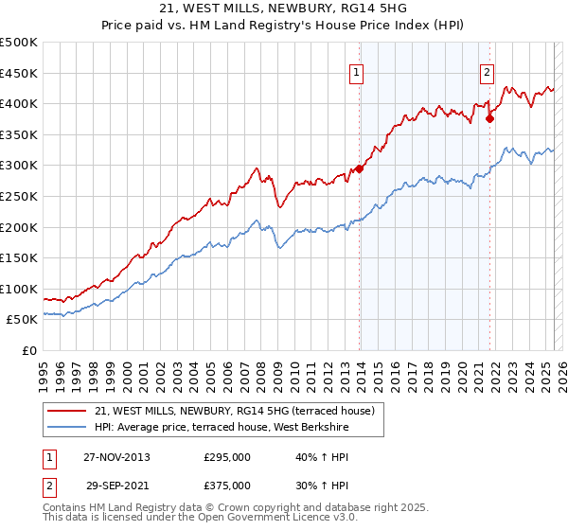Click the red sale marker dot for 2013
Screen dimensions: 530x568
coord(360,169)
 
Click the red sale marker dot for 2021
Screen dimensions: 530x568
coord(490,118)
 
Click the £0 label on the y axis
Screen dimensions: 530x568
coord(29,350)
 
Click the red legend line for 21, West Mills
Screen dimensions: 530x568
coord(66,411)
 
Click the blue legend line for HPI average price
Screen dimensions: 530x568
coord(66,426)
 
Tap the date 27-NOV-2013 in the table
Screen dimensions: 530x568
coord(116,457)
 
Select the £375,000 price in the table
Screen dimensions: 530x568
coord(227,486)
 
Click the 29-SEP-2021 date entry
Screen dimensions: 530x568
coord(116,486)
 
